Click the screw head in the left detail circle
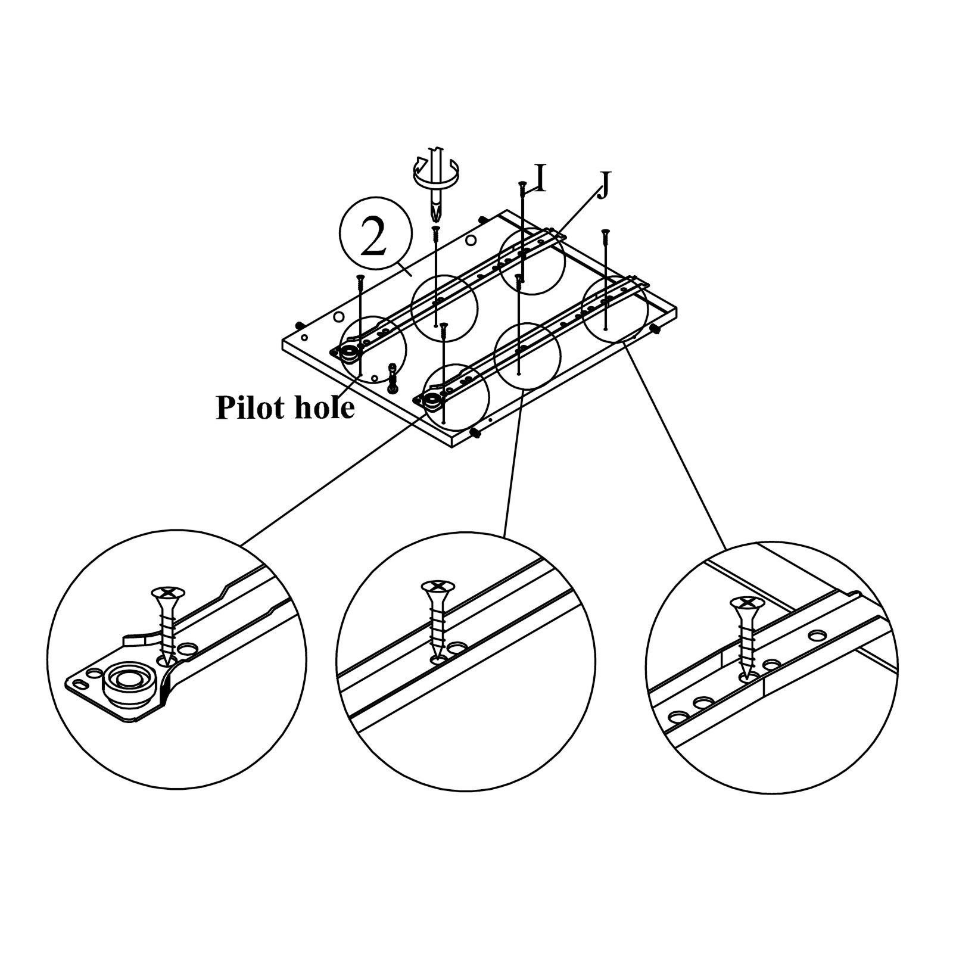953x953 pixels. (x=169, y=593)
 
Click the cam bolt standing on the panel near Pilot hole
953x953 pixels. (x=393, y=378)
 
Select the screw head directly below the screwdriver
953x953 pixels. (x=436, y=228)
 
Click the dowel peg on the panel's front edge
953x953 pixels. (x=476, y=433)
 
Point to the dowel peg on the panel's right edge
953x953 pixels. (x=655, y=328)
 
